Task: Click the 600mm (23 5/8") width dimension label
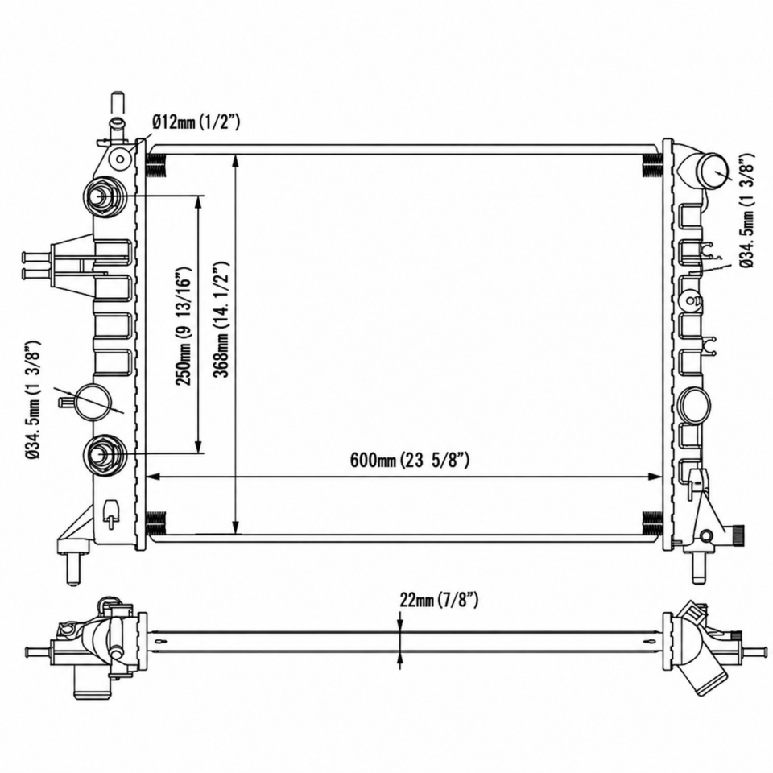(x=410, y=461)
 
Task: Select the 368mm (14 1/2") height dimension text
(x=223, y=320)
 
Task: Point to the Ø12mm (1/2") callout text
(x=196, y=122)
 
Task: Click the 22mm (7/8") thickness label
(x=439, y=601)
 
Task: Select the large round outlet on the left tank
(x=92, y=400)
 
